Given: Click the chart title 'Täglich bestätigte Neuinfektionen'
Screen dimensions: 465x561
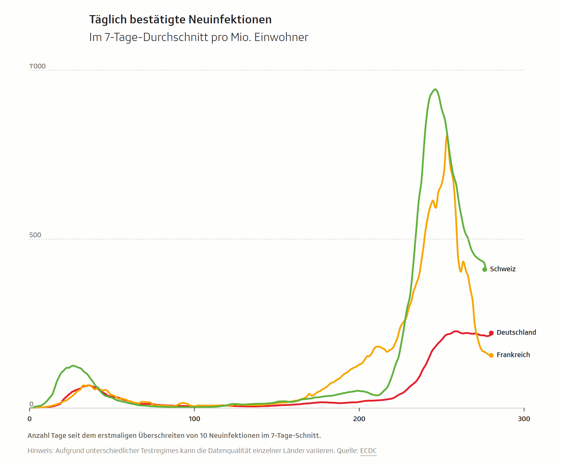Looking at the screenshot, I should [x=180, y=20].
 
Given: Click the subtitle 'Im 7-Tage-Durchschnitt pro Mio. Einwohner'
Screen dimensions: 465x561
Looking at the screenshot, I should [x=198, y=37].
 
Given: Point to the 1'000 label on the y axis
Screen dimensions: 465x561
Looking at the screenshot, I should [x=37, y=66].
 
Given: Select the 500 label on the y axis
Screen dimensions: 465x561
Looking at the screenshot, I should [x=35, y=235].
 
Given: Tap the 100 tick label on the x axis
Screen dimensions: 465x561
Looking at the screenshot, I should [x=194, y=419].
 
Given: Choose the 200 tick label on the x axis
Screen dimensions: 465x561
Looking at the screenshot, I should [x=359, y=419].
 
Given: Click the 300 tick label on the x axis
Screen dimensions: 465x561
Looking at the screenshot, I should [x=524, y=419].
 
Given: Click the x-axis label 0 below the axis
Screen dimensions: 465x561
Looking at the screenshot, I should [x=30, y=419].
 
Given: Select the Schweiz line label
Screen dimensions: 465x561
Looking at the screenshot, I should [x=503, y=269].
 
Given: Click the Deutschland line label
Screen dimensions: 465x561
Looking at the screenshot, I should [x=516, y=333].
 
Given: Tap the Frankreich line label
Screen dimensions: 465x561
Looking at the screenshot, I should [x=513, y=355].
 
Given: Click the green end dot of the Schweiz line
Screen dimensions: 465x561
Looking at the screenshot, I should [x=485, y=269].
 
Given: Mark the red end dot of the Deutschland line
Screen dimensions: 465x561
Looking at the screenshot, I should [x=491, y=333].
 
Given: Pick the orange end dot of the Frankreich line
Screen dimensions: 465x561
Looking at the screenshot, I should [x=491, y=356].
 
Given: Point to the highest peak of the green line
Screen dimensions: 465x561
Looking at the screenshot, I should [x=435, y=89].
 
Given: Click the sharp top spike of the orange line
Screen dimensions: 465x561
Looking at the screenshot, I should [x=446, y=137].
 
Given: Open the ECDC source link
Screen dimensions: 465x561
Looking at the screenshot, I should [x=368, y=451].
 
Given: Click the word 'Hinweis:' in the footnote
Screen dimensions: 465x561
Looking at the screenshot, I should [x=40, y=451].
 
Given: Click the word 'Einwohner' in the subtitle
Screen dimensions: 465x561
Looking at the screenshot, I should [x=281, y=37].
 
